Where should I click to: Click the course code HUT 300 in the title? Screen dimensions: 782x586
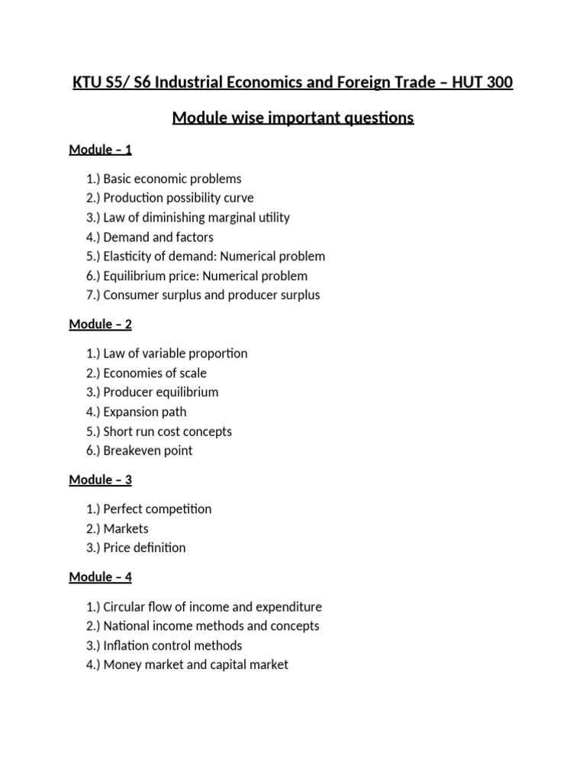click(x=484, y=82)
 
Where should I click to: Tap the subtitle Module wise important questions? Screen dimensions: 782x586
click(x=293, y=118)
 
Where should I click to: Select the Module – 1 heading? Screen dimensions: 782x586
click(x=100, y=150)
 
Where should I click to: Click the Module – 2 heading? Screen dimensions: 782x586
click(x=100, y=325)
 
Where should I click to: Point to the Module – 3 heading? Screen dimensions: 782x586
click(x=100, y=480)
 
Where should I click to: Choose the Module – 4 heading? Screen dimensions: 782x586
click(x=100, y=577)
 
